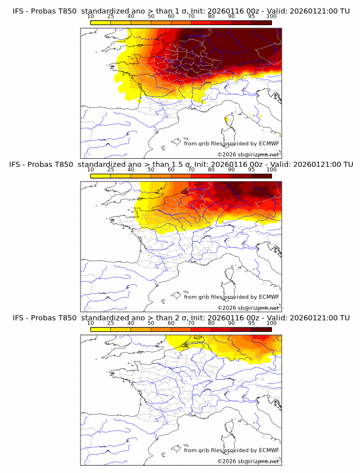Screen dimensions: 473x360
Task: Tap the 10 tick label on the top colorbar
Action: pos(91,17)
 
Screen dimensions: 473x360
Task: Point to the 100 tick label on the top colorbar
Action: pos(271,17)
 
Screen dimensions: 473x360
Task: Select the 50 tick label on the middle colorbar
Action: pos(151,170)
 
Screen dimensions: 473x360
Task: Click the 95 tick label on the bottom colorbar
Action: pos(251,323)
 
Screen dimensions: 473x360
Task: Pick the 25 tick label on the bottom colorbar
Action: pos(110,323)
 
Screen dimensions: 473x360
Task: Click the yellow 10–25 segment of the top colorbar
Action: pos(101,22)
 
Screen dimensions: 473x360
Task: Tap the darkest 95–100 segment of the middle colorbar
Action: pos(261,175)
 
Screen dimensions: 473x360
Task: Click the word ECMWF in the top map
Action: pos(269,143)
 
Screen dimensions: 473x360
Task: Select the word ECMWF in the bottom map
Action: pos(269,450)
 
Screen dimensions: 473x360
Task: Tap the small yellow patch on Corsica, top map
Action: pos(227,119)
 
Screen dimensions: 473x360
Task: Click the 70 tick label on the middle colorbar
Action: pos(191,170)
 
